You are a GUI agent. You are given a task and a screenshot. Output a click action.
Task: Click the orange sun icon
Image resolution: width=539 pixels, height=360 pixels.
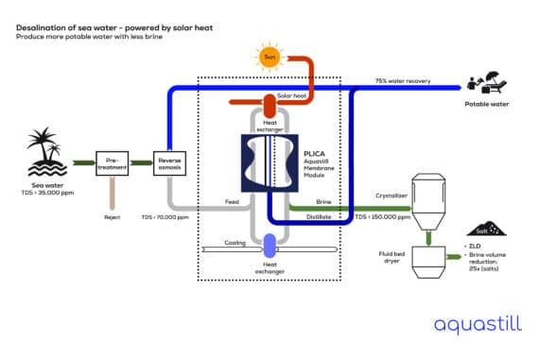[269, 58]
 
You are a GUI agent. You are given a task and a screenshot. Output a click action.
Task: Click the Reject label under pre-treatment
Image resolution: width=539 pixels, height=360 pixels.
[113, 215]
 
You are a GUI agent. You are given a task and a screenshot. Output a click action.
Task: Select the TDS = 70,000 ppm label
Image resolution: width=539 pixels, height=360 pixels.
[165, 216]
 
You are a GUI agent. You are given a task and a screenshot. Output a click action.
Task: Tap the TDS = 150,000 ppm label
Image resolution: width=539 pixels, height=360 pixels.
[379, 216]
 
